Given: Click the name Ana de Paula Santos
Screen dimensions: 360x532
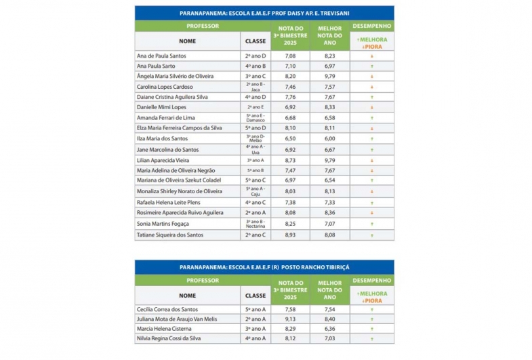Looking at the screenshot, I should (161, 56).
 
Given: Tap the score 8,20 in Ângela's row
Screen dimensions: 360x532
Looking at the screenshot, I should (290, 77).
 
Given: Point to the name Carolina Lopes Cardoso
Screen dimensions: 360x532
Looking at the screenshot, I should (165, 87).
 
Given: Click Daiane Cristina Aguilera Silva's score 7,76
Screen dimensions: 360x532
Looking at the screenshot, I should (290, 97).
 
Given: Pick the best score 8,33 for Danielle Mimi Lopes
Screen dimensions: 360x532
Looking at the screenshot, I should (329, 107).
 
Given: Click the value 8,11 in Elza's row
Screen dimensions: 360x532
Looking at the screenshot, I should (329, 127).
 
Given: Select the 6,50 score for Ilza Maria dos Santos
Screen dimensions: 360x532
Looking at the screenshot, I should (290, 138).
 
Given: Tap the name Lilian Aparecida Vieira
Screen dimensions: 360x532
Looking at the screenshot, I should (163, 161).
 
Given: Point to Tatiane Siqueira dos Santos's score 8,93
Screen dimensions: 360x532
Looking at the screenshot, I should (290, 235).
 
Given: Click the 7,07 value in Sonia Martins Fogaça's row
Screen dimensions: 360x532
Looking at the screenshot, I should (329, 223).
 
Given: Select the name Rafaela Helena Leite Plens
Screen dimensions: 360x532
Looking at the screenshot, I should (169, 202).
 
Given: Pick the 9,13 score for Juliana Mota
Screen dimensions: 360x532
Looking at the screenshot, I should (290, 319).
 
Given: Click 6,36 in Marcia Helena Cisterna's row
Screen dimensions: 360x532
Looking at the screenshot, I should (329, 329).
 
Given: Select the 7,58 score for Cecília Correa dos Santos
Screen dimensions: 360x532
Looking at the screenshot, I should (290, 309).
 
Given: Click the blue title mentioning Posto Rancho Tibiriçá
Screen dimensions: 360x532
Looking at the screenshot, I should (264, 267).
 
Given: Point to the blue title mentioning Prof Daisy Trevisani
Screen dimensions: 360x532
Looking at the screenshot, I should (264, 13).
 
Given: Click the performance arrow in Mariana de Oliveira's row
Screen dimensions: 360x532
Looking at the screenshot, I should (372, 181).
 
